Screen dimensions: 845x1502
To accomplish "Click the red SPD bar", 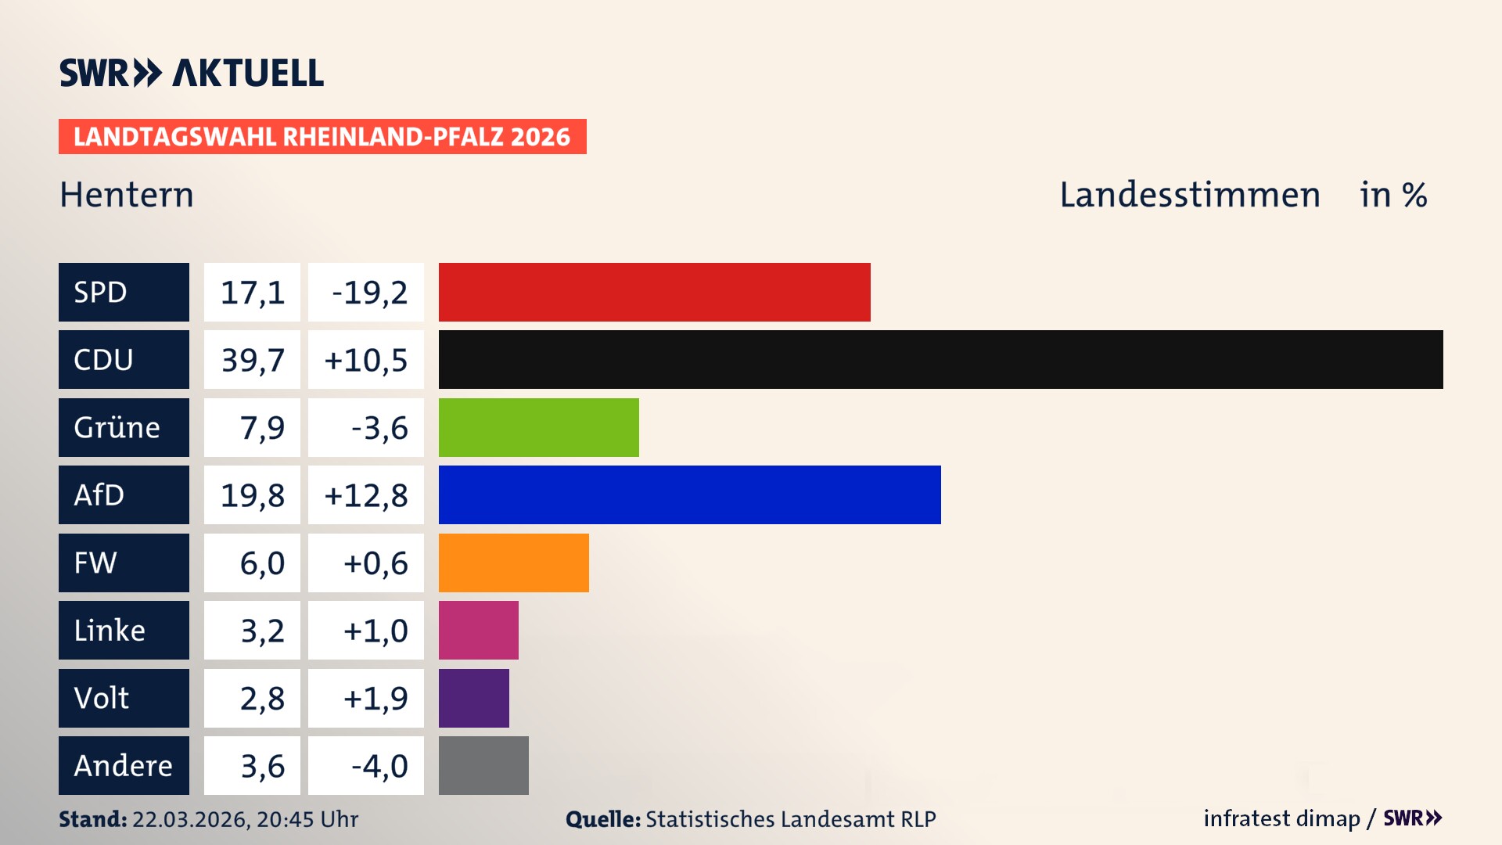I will click(654, 292).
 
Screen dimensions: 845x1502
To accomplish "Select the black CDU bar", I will click(940, 359).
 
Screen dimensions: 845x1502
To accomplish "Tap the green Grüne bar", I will click(538, 427).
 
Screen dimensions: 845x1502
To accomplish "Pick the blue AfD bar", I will click(689, 494).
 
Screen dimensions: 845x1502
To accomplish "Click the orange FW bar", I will click(513, 563).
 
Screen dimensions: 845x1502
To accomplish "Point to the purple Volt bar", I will click(473, 698).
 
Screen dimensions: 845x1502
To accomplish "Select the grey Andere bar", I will click(483, 765).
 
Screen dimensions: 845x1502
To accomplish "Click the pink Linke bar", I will click(478, 630).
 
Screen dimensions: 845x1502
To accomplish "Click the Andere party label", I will click(124, 765).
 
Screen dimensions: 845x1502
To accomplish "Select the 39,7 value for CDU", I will click(252, 360).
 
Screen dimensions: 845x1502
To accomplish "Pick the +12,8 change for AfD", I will click(366, 495).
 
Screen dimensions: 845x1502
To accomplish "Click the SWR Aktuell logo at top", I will click(191, 73).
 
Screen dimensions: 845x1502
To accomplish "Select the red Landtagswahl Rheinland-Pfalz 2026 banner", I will click(322, 136).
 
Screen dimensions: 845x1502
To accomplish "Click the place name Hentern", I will click(127, 195).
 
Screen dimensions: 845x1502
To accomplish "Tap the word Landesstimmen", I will click(1189, 195).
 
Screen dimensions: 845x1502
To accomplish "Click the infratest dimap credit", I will click(1281, 818).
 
